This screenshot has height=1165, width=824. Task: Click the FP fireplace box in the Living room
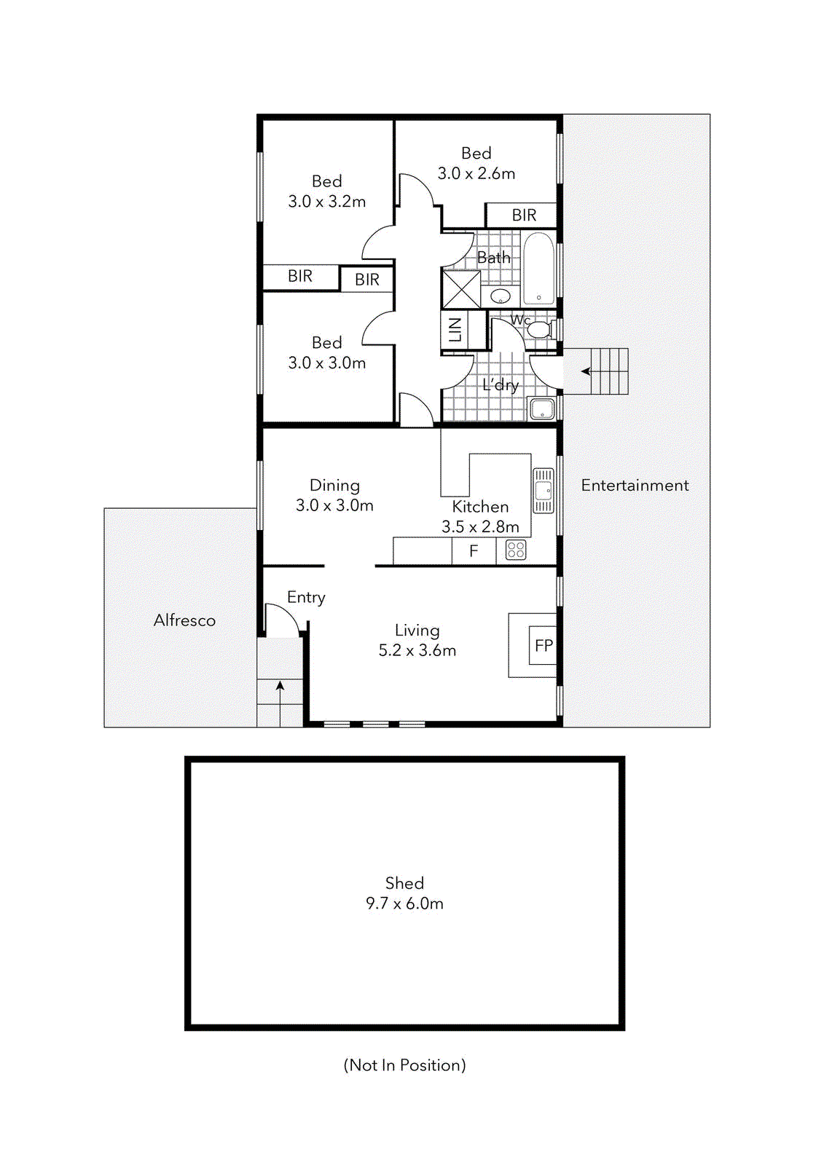pyautogui.click(x=543, y=646)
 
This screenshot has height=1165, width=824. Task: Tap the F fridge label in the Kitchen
pyautogui.click(x=474, y=551)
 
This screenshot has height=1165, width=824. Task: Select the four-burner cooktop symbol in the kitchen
pyautogui.click(x=516, y=550)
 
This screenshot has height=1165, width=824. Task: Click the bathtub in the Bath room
pyautogui.click(x=539, y=268)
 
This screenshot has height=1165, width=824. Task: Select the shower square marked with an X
pyautogui.click(x=461, y=289)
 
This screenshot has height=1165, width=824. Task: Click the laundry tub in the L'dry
pyautogui.click(x=542, y=408)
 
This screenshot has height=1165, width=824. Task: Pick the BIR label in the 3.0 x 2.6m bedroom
pyautogui.click(x=524, y=216)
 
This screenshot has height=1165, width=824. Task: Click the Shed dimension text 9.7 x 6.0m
pyautogui.click(x=404, y=904)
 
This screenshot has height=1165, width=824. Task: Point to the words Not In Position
pyautogui.click(x=404, y=1065)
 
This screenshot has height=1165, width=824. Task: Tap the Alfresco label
pyautogui.click(x=184, y=620)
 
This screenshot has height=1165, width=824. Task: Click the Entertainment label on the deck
pyautogui.click(x=635, y=486)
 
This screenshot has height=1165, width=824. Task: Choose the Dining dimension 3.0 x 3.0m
pyautogui.click(x=334, y=505)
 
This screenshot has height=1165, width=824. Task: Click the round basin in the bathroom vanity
pyautogui.click(x=501, y=296)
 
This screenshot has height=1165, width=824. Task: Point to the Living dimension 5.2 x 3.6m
pyautogui.click(x=417, y=651)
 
